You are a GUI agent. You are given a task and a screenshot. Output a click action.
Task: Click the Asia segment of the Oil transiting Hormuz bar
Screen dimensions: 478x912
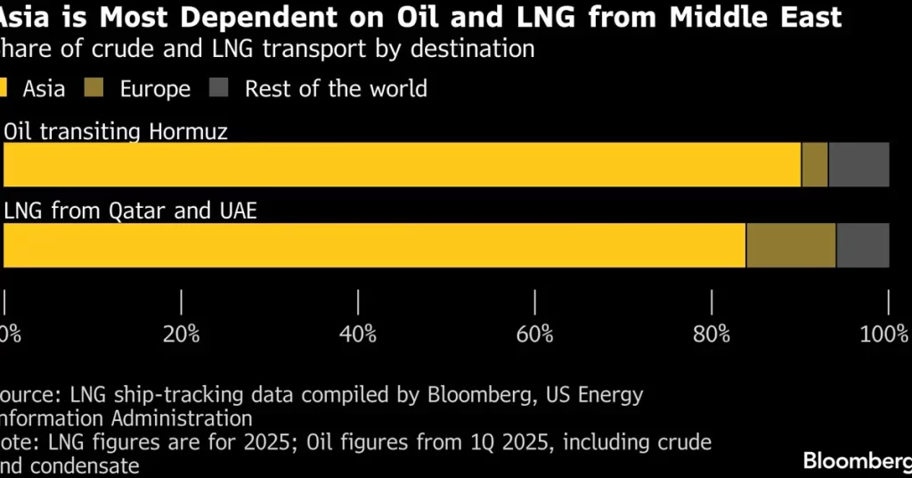click(401, 164)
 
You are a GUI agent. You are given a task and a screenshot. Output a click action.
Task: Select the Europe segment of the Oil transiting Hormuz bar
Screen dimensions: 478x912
click(814, 164)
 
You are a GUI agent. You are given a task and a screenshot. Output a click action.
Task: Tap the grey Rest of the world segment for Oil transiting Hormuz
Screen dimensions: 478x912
click(859, 164)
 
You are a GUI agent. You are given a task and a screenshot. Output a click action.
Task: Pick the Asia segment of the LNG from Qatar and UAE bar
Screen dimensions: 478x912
click(374, 245)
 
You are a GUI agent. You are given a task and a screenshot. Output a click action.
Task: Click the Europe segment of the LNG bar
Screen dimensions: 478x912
click(790, 245)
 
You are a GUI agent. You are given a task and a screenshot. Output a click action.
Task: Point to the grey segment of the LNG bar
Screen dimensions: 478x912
click(862, 245)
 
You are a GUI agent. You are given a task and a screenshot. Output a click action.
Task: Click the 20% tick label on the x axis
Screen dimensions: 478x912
click(182, 334)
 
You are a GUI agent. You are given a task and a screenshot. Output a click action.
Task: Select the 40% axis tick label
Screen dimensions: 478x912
click(358, 334)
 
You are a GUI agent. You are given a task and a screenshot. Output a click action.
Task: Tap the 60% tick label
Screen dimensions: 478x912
click(534, 334)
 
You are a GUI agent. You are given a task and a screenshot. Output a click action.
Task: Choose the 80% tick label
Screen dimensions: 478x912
click(712, 334)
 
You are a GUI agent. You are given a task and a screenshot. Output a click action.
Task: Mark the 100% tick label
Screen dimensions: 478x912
click(884, 334)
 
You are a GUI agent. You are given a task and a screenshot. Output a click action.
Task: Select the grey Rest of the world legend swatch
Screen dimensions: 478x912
click(219, 88)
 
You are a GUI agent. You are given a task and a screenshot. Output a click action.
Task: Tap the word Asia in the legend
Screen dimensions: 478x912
click(44, 88)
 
